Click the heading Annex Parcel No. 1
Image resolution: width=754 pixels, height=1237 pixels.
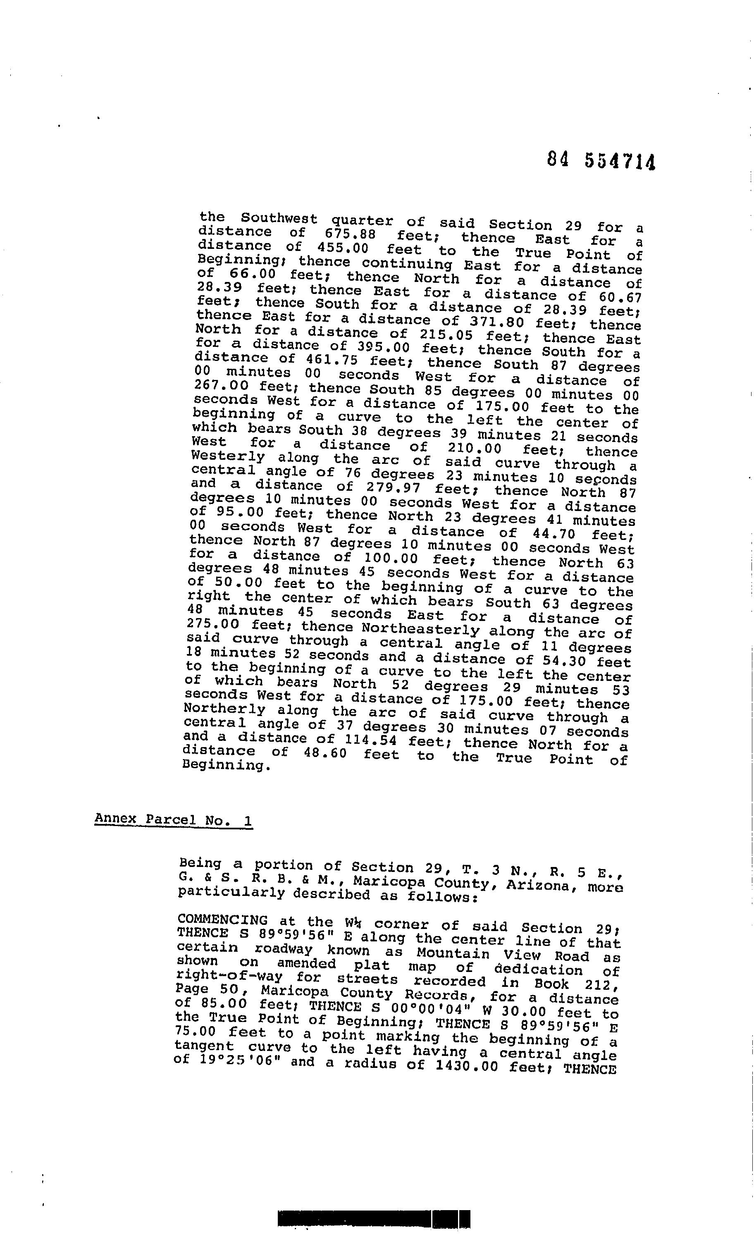point(173,820)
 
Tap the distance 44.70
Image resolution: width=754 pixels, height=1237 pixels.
point(553,533)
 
